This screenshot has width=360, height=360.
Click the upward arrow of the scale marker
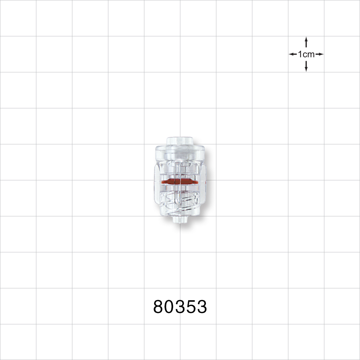306,41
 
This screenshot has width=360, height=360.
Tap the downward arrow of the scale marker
306,67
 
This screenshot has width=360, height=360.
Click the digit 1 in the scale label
300,54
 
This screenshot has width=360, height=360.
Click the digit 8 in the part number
159,307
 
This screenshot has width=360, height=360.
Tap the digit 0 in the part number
170,307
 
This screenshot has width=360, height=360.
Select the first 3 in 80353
180,307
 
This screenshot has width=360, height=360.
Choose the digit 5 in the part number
191,307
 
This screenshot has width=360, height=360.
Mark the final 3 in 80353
202,307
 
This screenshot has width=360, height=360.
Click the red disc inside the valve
180,181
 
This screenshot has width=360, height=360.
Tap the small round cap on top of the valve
180,141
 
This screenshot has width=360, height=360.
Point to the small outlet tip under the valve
180,220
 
